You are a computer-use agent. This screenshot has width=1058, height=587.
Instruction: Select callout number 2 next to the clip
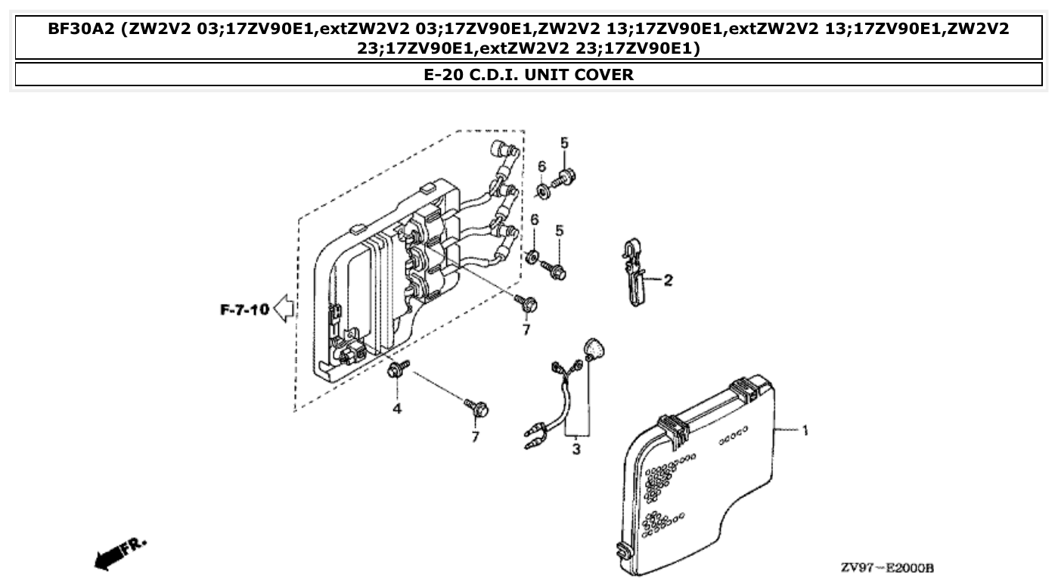[668, 281]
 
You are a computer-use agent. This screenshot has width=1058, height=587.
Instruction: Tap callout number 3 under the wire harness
[576, 449]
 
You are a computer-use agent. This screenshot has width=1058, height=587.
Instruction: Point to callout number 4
[396, 408]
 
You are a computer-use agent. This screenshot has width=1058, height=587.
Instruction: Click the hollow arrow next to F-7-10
[284, 309]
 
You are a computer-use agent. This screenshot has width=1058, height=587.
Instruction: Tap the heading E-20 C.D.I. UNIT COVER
[529, 74]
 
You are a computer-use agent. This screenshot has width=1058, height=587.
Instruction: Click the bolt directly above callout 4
[396, 370]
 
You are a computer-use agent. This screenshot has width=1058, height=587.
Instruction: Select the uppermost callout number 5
[564, 142]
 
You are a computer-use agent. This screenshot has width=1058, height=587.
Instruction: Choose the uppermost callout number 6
[541, 166]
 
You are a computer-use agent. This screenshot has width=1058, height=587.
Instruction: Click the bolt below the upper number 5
[563, 179]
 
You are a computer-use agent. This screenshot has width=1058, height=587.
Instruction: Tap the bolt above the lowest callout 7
[478, 408]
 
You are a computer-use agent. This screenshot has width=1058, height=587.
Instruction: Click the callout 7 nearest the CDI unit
[526, 330]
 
